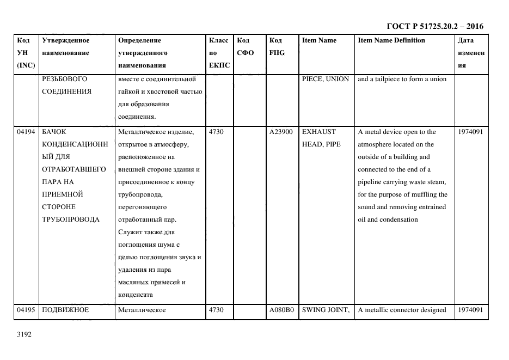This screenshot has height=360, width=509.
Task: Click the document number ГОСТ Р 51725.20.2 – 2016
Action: click(x=434, y=26)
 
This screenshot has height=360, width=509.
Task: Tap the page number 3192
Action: click(x=25, y=334)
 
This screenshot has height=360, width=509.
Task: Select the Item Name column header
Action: click(x=319, y=40)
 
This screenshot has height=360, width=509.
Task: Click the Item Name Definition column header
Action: click(x=391, y=40)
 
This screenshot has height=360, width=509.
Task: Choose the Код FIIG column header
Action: click(x=277, y=47)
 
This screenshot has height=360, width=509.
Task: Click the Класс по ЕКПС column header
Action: click(x=219, y=53)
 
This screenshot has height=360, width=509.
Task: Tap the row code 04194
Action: click(x=26, y=132)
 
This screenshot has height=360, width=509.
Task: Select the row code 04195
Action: click(x=26, y=310)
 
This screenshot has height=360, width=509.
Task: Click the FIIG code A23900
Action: click(x=281, y=132)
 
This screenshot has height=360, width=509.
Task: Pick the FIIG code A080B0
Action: click(x=281, y=310)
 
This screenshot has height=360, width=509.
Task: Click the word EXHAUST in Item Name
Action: click(x=319, y=132)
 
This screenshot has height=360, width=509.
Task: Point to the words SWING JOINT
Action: click(x=325, y=310)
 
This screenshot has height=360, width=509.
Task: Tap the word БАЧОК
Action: click(x=54, y=132)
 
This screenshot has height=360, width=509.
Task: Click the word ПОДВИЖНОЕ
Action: click(x=65, y=310)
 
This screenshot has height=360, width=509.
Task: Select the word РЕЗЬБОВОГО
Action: click(x=64, y=79)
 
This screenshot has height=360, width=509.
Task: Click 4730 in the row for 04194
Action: click(x=216, y=132)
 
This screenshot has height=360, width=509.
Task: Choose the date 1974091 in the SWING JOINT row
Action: click(x=470, y=310)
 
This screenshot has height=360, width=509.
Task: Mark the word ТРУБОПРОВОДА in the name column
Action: click(x=70, y=219)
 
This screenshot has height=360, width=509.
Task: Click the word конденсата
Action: click(x=135, y=295)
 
